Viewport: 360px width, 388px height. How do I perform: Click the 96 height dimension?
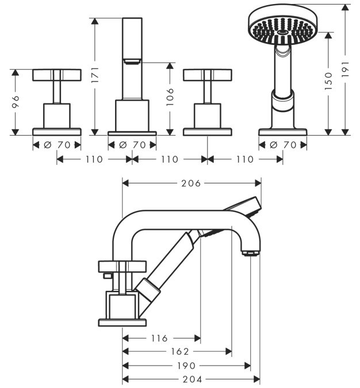tap(16, 102)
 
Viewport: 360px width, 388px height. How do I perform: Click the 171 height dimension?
tap(95, 75)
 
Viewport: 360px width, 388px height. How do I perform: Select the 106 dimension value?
tap(170, 97)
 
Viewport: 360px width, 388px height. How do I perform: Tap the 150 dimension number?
tap(328, 81)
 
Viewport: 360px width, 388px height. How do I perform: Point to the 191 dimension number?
tap(345, 70)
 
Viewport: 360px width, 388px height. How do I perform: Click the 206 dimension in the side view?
tap(191, 183)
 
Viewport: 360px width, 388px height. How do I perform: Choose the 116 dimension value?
tap(159, 338)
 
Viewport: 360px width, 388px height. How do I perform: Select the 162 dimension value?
tap(180, 351)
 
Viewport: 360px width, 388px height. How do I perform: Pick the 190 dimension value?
tap(186, 366)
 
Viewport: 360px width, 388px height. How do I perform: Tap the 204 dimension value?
tap(193, 379)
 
